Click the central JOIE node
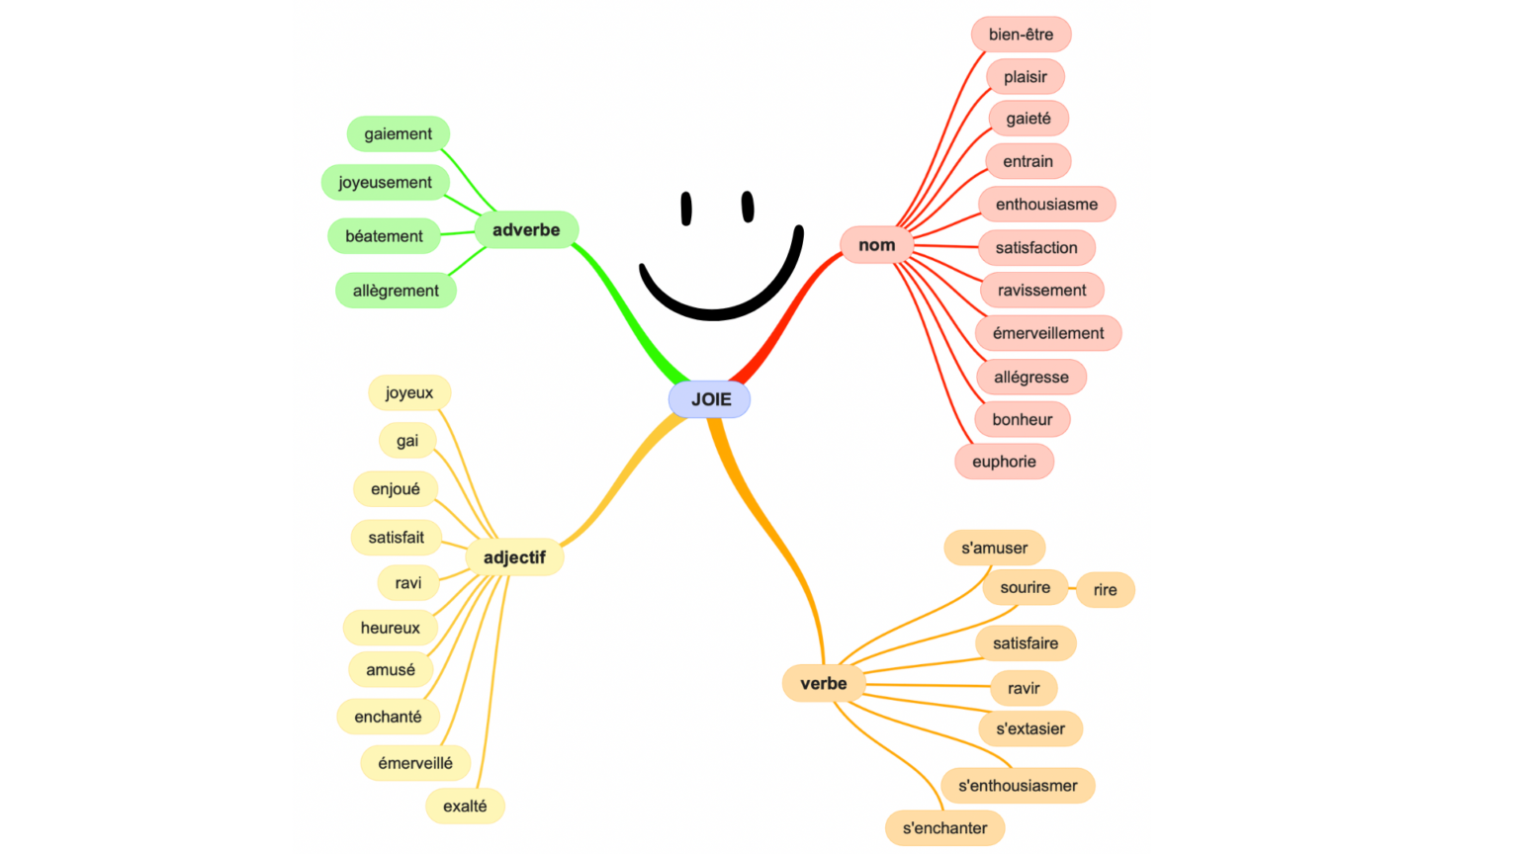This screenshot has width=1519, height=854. (710, 399)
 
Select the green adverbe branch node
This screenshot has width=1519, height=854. (526, 230)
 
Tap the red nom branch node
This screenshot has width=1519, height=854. (876, 245)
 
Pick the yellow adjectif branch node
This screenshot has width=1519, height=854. (514, 557)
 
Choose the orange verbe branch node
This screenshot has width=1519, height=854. (823, 683)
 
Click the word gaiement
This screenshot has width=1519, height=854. (398, 134)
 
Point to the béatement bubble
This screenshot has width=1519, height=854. (384, 236)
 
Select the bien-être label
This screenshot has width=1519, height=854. (1021, 35)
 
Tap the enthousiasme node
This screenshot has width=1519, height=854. (1046, 205)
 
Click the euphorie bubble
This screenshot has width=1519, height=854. (1004, 462)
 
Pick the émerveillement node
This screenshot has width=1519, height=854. (1048, 333)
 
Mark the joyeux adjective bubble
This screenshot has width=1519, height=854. (409, 392)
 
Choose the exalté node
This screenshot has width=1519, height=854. (465, 806)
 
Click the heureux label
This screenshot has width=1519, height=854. (390, 628)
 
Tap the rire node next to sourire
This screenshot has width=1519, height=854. (1105, 590)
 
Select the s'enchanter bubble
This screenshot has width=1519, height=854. (944, 828)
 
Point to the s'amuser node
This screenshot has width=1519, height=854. (994, 548)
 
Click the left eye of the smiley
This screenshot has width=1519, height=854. (686, 209)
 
